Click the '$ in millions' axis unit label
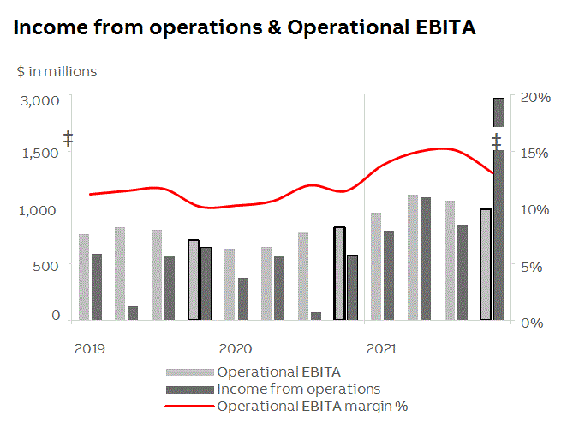coord(57,72)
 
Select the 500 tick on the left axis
coord(46,265)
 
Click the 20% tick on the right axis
coord(537,97)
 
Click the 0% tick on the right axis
coord(537,323)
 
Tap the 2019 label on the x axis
coord(90,349)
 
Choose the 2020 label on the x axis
coord(235,349)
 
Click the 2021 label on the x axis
coord(381,349)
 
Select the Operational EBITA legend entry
coord(278,372)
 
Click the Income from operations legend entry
coord(298,389)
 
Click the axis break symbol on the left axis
coord(68,138)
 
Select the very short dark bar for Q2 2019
coord(133,313)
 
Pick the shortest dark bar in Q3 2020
coord(316,316)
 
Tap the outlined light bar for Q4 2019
coord(194,280)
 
